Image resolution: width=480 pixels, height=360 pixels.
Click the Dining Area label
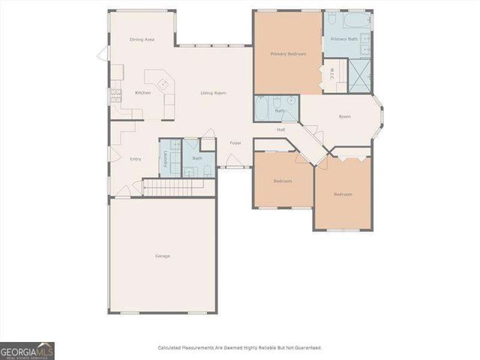click(x=142, y=39)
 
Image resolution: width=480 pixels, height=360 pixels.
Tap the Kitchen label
click(x=142, y=93)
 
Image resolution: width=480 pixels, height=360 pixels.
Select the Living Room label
click(x=213, y=93)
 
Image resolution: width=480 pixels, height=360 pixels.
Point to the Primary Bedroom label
click(x=288, y=54)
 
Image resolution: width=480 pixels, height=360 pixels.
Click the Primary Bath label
click(x=345, y=39)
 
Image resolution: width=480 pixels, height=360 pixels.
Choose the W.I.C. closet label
click(x=332, y=75)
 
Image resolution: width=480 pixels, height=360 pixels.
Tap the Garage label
click(x=163, y=256)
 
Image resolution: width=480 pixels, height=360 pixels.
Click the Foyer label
click(x=235, y=142)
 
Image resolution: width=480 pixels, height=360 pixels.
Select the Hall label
click(x=281, y=130)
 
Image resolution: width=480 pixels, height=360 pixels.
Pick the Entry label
click(x=136, y=158)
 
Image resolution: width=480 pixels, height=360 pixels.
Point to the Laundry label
click(x=166, y=158)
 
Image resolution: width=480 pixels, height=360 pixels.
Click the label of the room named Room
click(x=344, y=116)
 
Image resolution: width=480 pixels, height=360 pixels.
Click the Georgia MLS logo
click(x=27, y=350)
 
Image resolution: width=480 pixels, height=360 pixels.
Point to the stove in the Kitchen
click(x=116, y=95)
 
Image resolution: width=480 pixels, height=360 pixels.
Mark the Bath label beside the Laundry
click(x=197, y=158)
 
